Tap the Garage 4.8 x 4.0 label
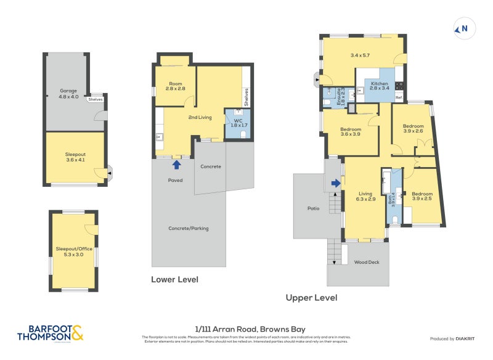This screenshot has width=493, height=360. pos(68,94)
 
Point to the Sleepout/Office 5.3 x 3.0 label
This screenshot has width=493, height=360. pos(73,251)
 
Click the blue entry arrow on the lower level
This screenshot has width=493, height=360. pos(176,165)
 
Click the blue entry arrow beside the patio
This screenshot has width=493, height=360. pos(335,183)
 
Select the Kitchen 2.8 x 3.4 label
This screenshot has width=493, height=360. pos(379,86)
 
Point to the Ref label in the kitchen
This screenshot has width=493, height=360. pos(398,99)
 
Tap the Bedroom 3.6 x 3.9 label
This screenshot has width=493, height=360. pos(349,131)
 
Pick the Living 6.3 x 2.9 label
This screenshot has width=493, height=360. pos(365,196)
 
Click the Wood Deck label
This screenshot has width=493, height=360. pos(366,262)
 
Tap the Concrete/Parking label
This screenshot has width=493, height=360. pos(189,228)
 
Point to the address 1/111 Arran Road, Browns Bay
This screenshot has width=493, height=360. pos(246,329)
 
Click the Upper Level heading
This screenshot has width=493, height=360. pos(311,298)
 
